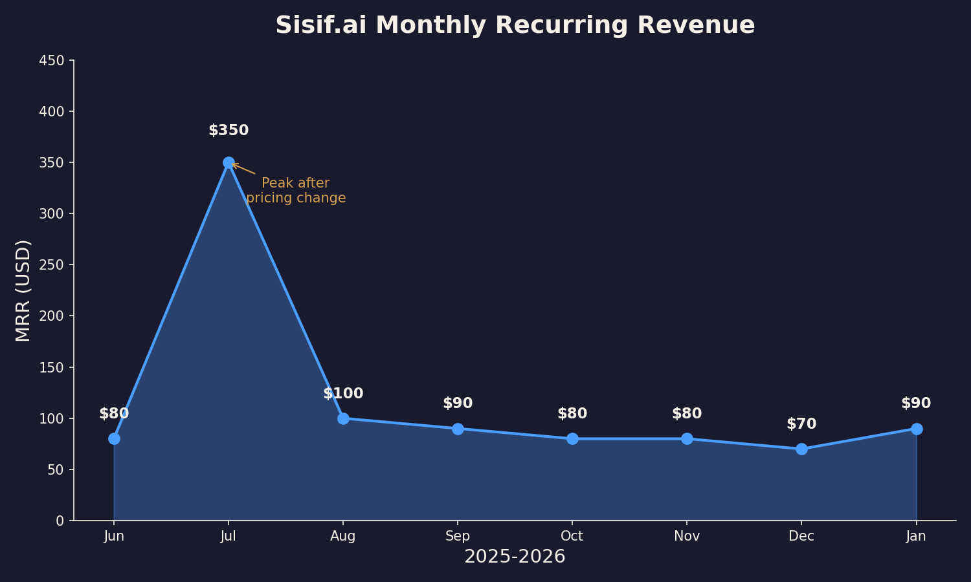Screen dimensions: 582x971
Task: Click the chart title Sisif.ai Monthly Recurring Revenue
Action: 515,26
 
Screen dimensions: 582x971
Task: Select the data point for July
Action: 229,162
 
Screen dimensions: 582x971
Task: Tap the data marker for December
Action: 801,449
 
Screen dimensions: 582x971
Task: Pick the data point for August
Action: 343,418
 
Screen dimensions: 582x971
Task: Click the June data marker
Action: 114,438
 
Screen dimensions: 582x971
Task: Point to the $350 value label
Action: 229,131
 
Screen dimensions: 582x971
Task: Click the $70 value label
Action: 801,424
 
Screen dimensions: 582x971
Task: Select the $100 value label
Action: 343,394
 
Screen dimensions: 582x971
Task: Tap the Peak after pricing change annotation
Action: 296,191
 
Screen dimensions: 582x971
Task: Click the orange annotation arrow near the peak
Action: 244,169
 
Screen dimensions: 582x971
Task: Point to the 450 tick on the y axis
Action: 52,60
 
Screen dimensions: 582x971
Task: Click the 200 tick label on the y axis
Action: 52,316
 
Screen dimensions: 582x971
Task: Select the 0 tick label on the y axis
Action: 60,521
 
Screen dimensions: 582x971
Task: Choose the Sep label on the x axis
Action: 458,536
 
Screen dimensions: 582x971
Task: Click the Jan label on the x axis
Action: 916,536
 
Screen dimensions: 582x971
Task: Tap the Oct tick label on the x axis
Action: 572,536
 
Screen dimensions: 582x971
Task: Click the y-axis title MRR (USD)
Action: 23,290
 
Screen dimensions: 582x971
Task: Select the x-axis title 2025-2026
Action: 515,557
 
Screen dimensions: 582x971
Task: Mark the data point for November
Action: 687,438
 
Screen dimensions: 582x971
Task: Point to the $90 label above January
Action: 916,404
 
